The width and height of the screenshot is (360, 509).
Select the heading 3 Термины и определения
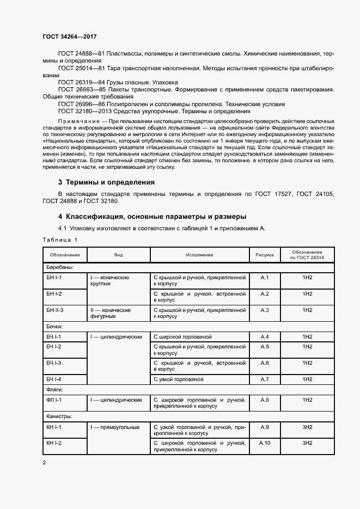click(x=106, y=182)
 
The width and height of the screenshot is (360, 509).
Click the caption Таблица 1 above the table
click(x=60, y=240)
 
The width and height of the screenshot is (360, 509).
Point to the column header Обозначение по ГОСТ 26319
click(x=307, y=255)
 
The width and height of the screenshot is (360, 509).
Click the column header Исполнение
click(x=199, y=255)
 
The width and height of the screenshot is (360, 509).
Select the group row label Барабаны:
click(x=59, y=267)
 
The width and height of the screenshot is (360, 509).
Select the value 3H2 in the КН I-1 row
click(x=307, y=427)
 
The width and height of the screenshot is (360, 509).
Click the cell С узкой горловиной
click(x=179, y=379)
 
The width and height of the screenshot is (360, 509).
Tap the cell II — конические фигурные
click(x=111, y=313)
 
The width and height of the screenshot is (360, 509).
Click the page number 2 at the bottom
click(x=44, y=463)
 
